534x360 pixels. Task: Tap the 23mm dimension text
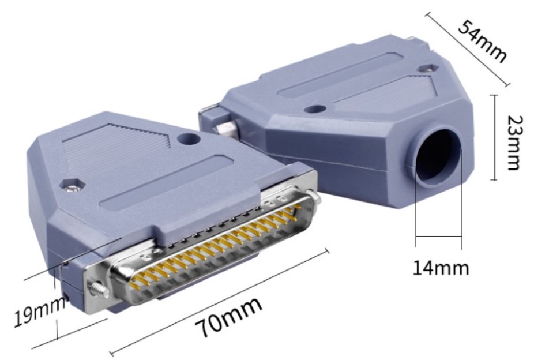[x=514, y=142]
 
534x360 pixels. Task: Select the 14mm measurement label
[x=441, y=268]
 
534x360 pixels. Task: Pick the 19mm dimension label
[x=40, y=311]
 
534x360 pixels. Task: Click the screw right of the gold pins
[x=313, y=197]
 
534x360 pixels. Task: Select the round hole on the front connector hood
[x=189, y=138]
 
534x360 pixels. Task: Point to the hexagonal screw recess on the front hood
[x=72, y=184]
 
